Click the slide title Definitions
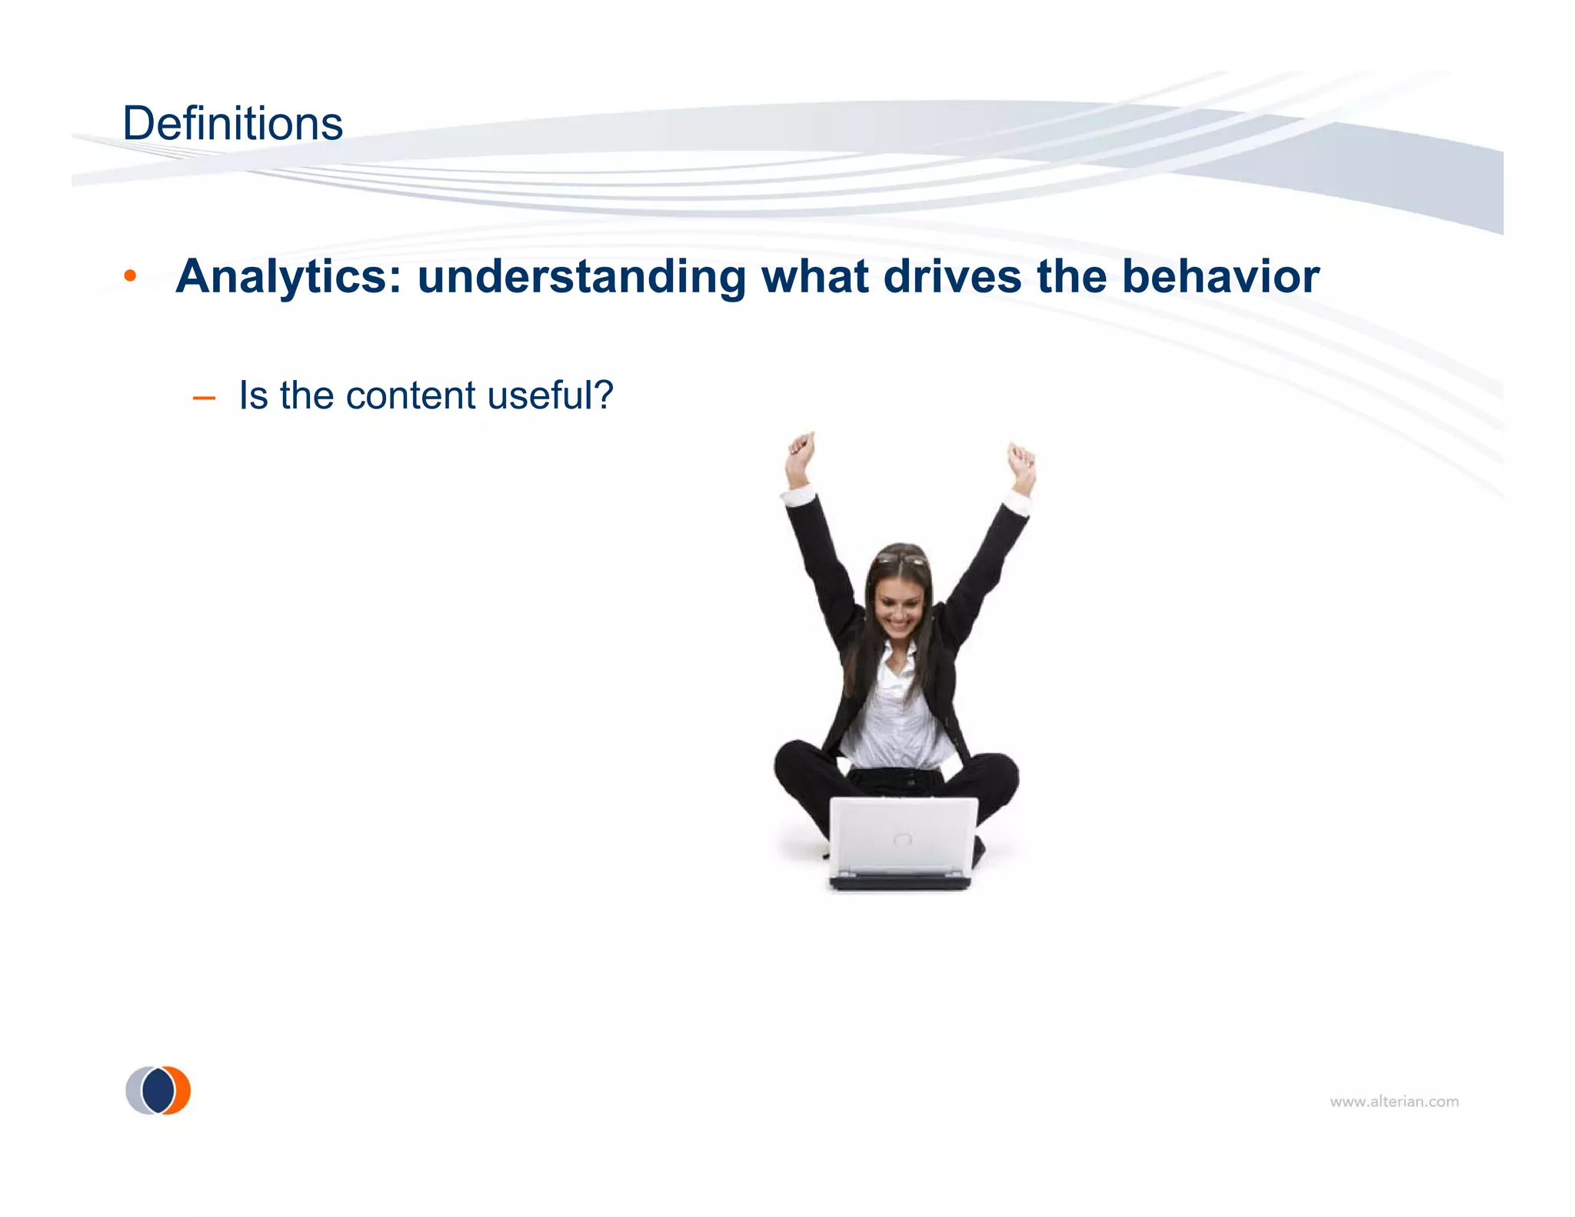tap(232, 124)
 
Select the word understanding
tap(581, 277)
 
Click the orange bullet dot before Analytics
tap(131, 275)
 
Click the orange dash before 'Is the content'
tap(204, 398)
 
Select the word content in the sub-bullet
tap(411, 396)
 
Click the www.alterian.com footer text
tap(1394, 1102)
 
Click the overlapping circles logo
tap(158, 1090)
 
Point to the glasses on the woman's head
tap(901, 558)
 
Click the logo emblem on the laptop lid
tap(903, 839)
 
